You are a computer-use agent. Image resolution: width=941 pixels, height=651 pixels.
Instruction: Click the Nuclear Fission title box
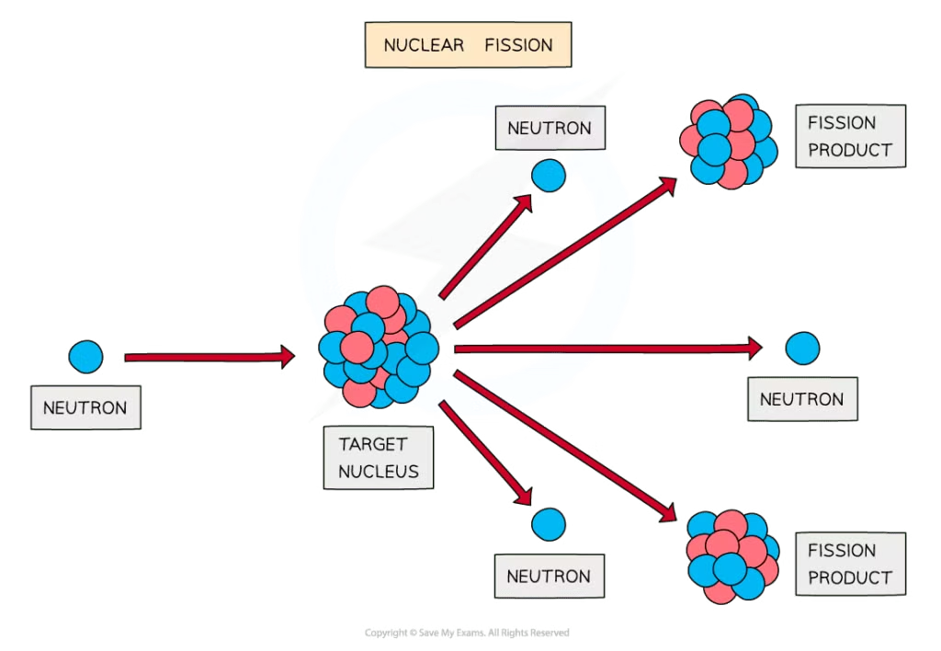pos(468,45)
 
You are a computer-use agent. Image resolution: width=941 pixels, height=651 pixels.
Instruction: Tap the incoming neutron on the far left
pos(85,357)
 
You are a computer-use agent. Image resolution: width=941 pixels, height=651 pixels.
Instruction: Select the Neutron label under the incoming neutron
pos(85,407)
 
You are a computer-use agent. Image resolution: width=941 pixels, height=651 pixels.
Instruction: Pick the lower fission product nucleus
pos(732,556)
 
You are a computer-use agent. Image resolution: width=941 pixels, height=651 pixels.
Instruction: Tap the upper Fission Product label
pos(849,136)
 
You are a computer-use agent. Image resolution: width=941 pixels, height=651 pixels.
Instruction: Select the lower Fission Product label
pos(849,564)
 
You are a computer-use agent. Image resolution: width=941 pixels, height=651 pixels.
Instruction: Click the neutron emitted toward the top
pos(549,175)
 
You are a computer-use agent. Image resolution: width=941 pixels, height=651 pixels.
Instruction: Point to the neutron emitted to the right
pos(802,348)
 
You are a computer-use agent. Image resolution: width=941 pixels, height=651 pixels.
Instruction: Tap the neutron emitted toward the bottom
pos(550,524)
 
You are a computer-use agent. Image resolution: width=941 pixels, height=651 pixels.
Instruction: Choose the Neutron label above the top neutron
pos(550,128)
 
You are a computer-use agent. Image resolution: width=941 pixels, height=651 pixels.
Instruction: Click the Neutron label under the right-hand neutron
pos(801,400)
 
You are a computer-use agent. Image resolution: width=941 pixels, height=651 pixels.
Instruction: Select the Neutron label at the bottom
pos(550,577)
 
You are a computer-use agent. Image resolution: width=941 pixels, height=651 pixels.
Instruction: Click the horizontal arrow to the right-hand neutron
pos(607,348)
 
